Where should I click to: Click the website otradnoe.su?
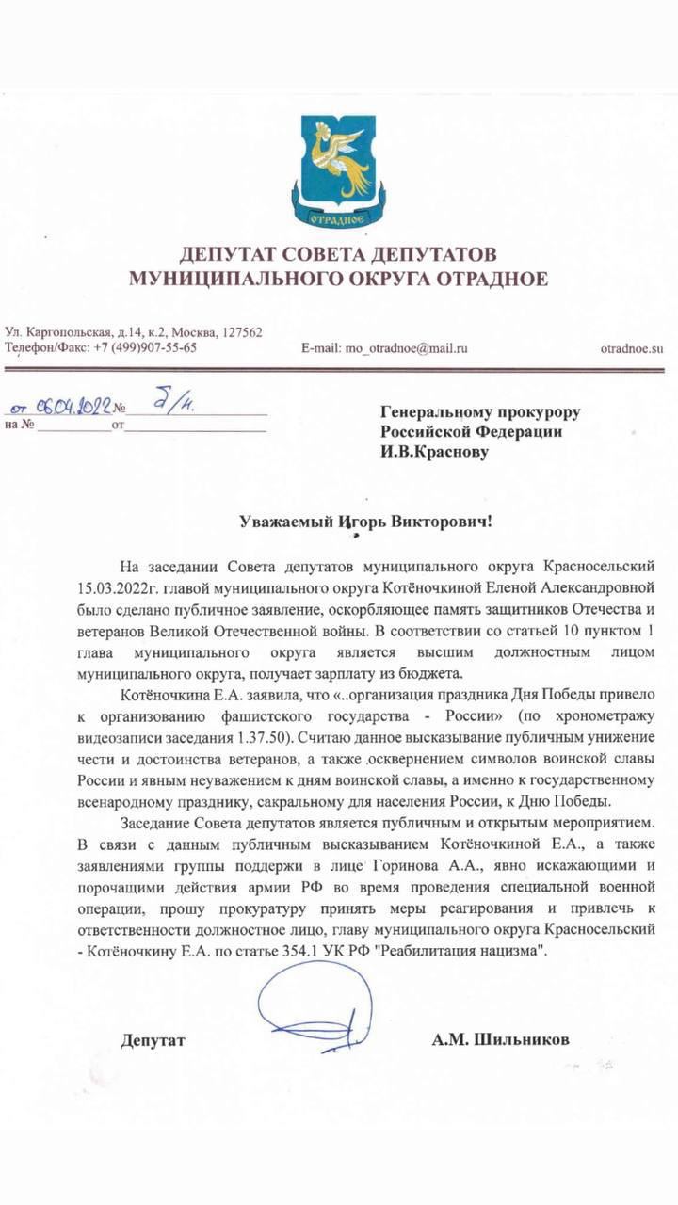pos(632,348)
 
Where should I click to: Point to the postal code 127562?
pos(242,332)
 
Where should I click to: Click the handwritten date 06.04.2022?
pos(71,408)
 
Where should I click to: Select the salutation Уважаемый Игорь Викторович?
pos(338,521)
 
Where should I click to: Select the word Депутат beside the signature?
pos(153,1040)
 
